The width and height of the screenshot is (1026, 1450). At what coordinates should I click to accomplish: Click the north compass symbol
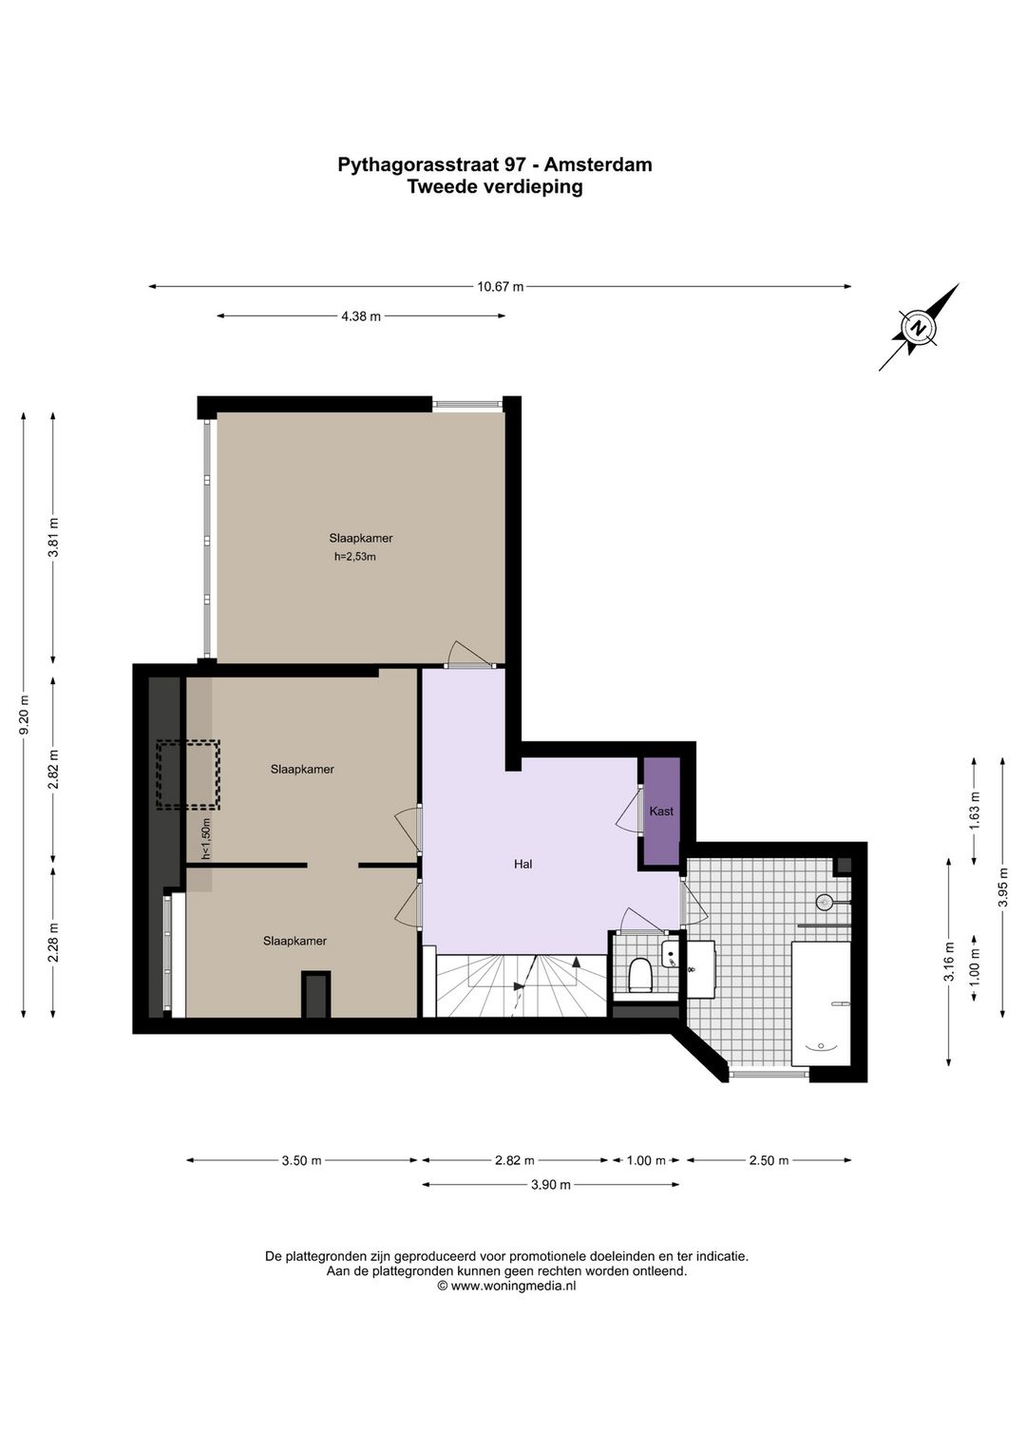918,328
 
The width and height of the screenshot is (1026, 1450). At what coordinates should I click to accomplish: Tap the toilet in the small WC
640,975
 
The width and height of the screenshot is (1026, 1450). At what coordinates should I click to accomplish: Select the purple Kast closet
661,811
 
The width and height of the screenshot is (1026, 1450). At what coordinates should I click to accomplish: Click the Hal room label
522,864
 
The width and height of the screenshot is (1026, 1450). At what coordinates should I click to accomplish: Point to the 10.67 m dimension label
500,286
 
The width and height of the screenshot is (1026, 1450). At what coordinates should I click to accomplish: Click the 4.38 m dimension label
361,316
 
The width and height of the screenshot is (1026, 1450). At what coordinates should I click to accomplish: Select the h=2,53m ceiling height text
354,557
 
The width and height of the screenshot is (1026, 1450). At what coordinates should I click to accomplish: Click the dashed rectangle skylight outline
188,774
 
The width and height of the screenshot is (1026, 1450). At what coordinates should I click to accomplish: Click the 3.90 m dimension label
551,1185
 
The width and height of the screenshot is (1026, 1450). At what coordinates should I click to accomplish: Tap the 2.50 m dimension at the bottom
769,1160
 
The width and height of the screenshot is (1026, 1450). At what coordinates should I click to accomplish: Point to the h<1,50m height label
206,838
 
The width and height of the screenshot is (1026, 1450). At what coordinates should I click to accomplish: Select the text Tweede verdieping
494,186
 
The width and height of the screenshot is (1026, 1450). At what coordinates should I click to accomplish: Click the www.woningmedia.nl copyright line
506,1286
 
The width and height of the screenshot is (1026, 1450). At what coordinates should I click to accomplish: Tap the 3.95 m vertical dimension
1002,887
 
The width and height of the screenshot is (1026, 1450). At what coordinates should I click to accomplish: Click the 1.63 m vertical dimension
974,811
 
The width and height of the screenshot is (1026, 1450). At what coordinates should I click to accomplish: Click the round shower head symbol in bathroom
825,902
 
